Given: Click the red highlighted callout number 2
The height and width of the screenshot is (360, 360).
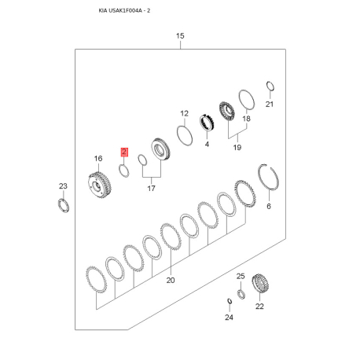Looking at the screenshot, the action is coord(124,152).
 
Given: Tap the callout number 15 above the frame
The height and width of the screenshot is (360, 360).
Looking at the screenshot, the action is coord(180,36).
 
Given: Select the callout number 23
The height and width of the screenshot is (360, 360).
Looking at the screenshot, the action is coord(63,186).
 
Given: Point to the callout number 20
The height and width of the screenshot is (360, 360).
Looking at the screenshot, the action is coord(171,281).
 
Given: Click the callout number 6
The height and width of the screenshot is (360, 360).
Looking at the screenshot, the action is coord(269,207).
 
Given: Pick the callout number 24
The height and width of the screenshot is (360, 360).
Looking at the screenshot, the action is coord(229,318).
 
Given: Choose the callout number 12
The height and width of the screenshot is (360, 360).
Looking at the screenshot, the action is coord(184,114).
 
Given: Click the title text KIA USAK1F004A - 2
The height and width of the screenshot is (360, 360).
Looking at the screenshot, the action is coord(124,11).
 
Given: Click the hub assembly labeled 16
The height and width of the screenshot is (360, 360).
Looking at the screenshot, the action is coord(99,185).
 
